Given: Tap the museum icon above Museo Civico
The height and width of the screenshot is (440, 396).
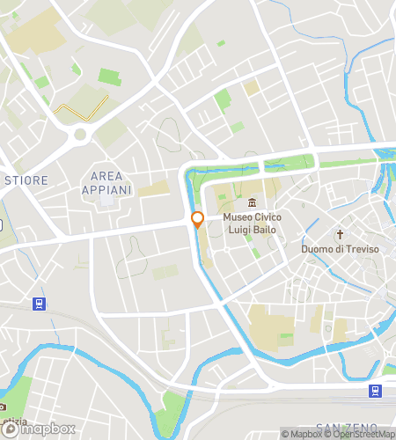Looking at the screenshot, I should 253,203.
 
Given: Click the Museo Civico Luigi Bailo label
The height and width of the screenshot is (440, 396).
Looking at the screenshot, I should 253,224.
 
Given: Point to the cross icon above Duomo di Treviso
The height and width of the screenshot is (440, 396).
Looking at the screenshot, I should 341,234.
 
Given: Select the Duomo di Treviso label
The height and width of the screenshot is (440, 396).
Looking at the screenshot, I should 341,249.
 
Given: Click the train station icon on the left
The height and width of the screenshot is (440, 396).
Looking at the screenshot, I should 39,304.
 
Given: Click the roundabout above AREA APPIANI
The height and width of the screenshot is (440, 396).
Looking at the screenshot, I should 82,136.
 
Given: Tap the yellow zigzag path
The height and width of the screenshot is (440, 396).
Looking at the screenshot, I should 80,106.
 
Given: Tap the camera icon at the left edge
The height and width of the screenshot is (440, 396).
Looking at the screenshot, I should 4,407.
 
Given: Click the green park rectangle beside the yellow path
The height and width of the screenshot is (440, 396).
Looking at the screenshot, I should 109,77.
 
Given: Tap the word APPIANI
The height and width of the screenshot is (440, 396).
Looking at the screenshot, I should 106,189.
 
